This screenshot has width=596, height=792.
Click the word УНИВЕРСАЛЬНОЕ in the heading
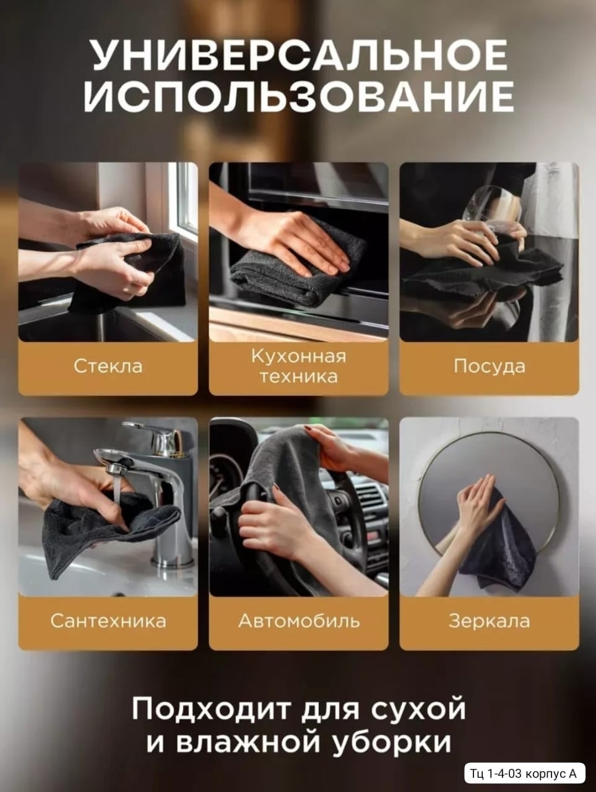pos(300,56)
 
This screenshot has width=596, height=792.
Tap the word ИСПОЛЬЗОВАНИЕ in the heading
pos(299,96)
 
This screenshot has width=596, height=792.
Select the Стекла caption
pos(108,366)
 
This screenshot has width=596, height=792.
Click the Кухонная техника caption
pos(299,366)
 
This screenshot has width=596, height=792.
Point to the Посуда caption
pos(489,366)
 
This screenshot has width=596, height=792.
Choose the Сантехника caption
pos(108,621)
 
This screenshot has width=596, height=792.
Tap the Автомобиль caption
pos(299,621)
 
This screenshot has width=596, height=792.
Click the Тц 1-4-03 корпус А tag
pos(523,773)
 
